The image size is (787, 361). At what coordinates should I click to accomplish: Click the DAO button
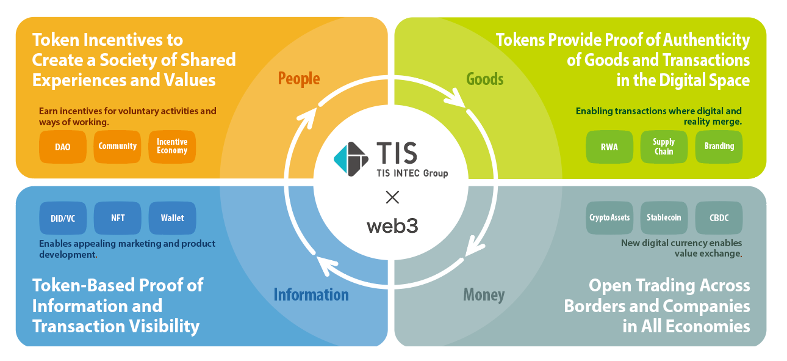(63, 147)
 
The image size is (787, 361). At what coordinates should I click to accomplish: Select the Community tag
(117, 147)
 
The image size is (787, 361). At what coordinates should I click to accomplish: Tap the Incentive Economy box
(172, 147)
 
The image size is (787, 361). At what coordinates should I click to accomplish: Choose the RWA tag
(609, 147)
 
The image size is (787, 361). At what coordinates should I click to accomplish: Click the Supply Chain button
(664, 147)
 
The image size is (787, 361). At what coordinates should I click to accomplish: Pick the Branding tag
(719, 147)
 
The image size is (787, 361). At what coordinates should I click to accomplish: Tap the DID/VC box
(63, 218)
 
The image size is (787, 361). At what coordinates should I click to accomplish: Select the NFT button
(118, 218)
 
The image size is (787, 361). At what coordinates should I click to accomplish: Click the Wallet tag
(173, 218)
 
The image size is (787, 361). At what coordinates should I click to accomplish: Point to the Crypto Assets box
(609, 218)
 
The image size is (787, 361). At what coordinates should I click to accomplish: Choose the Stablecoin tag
(664, 218)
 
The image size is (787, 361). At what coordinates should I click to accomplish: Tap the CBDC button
(719, 218)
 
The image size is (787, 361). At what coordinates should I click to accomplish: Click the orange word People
(299, 79)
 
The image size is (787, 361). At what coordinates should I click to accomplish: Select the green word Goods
(485, 79)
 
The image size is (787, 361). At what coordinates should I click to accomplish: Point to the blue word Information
(311, 295)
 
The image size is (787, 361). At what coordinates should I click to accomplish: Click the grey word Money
(484, 295)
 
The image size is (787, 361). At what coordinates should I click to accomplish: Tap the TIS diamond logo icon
(351, 159)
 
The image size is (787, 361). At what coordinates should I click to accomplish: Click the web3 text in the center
(392, 226)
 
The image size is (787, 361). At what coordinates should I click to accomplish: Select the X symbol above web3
(392, 197)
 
